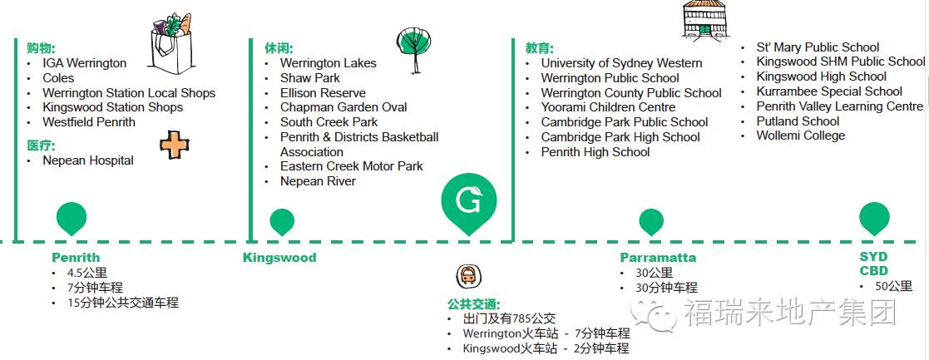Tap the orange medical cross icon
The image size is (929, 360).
coord(175,145)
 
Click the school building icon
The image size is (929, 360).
coord(704,18)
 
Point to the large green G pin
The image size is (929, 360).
coord(468,201)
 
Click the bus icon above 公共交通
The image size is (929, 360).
coord(469,275)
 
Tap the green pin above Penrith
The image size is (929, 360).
coord(72,218)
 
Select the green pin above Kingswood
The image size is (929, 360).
coord(282,221)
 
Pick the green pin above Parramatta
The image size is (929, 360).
coord(651,221)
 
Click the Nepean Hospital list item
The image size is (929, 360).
coord(88,160)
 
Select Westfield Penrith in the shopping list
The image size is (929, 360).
coord(89,122)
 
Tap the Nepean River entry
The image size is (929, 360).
coord(318,181)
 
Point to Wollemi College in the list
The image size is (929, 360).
coord(800,136)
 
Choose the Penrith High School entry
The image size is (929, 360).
coord(595,152)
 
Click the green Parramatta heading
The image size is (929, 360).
coord(658,258)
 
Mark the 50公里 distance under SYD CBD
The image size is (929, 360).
coord(893,286)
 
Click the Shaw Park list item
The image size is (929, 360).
coord(310,78)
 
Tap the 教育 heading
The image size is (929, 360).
coord(539,48)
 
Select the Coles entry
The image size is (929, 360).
coord(58,78)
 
